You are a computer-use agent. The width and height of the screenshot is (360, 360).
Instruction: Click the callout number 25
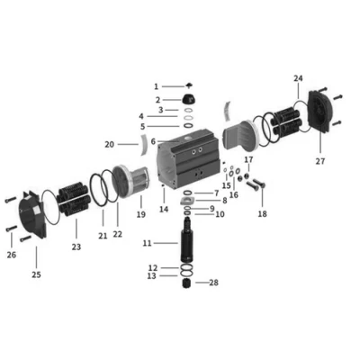36,274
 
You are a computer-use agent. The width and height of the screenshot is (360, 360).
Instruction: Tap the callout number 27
320,161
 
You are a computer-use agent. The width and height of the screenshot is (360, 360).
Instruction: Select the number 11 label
147,243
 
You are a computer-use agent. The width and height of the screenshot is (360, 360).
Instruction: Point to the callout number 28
213,283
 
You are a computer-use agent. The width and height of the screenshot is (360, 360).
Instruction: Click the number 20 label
110,144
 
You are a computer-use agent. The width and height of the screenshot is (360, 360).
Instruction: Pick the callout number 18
262,214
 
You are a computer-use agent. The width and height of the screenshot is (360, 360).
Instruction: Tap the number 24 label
298,78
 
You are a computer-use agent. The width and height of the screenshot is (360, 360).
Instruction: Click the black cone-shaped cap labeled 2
189,99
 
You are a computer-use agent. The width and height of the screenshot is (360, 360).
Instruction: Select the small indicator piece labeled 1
189,85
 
